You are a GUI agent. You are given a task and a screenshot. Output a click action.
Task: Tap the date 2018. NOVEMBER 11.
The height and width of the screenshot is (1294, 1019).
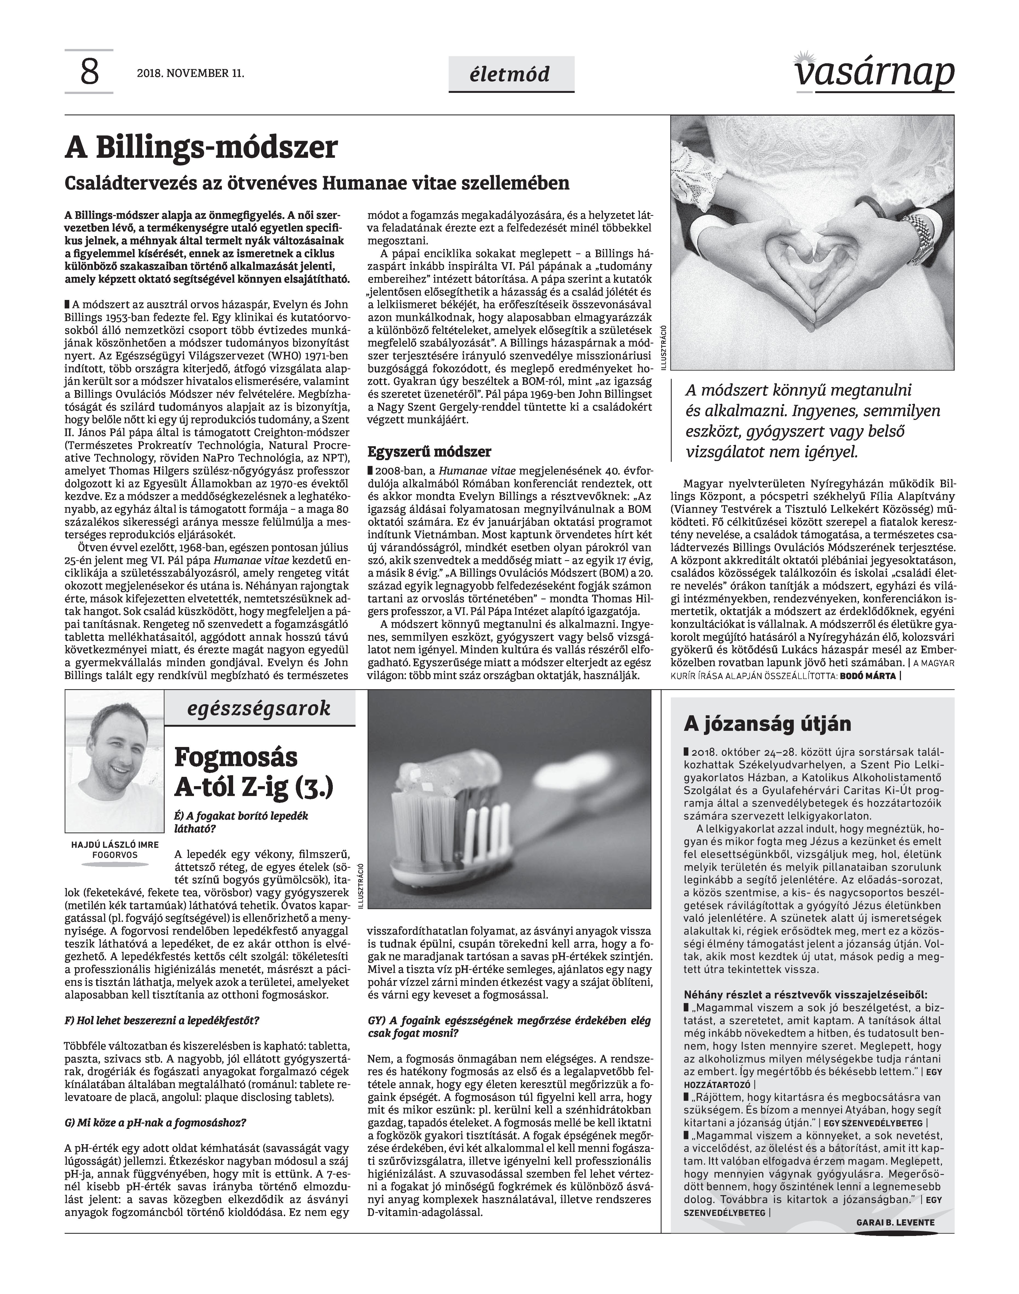(x=190, y=74)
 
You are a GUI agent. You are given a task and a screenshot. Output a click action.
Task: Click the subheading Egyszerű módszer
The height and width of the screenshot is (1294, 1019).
(x=429, y=451)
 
